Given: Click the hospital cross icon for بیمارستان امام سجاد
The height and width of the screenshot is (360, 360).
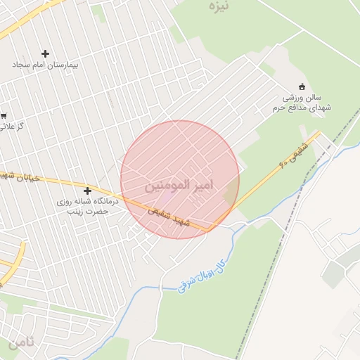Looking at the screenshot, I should (x=46, y=53).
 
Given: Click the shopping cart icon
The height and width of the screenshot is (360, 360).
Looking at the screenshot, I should (x=3, y=115).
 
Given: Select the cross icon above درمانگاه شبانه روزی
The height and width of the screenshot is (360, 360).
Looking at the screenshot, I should (x=88, y=191).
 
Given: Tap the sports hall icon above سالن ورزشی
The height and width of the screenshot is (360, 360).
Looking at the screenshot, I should (x=302, y=86).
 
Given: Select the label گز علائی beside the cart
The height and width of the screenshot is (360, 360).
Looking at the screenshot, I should (x=10, y=127).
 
